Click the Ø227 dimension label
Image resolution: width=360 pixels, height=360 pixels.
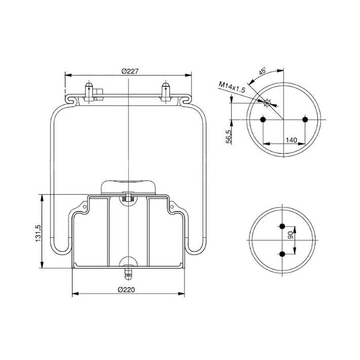(130, 71)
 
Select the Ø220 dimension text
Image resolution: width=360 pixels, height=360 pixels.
(126, 290)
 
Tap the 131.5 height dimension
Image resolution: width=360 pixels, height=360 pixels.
(38, 233)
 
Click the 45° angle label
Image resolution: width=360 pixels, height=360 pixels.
(262, 71)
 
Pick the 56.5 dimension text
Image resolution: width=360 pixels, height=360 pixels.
(229, 137)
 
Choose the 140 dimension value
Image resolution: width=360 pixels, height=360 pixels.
(291, 140)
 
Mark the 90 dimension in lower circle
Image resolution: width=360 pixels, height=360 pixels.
(291, 235)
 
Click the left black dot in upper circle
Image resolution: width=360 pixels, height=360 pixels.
(263, 120)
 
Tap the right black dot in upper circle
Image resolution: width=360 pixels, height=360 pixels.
(305, 120)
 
